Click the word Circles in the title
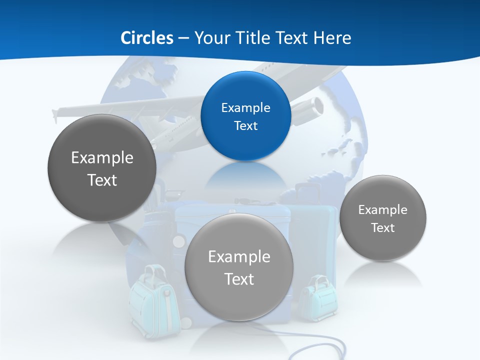[x=146, y=38]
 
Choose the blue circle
[x=245, y=116]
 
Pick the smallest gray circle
[x=382, y=218]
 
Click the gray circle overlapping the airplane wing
[x=102, y=168]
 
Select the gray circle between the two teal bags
[x=239, y=267]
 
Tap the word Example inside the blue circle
[x=245, y=107]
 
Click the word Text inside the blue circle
[x=245, y=125]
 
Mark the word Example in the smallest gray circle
[x=382, y=209]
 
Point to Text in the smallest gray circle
[x=382, y=227]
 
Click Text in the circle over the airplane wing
[x=102, y=180]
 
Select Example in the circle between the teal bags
[x=239, y=256]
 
